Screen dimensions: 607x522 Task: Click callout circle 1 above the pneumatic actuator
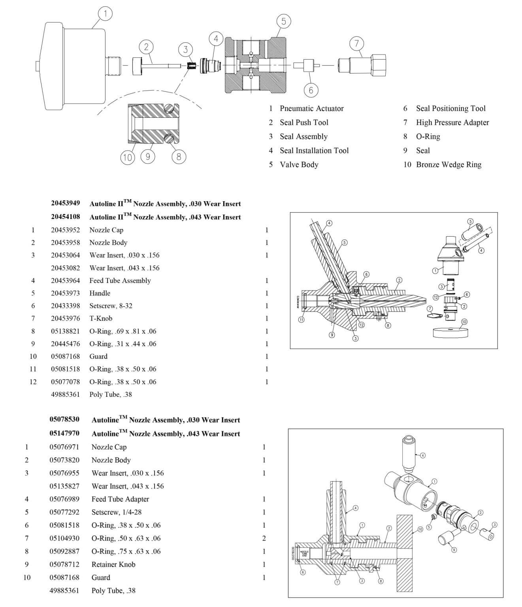click(x=105, y=14)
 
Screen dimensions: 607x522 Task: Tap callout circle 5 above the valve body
click(x=283, y=21)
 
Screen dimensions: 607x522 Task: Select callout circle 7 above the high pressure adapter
click(x=356, y=43)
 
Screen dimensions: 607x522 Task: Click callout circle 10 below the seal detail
click(x=127, y=158)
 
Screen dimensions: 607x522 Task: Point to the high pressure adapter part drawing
click(x=362, y=64)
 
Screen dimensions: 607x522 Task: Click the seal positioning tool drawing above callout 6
click(x=308, y=65)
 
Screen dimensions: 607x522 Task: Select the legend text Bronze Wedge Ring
click(x=449, y=164)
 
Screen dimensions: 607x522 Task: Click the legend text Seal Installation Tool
click(x=314, y=151)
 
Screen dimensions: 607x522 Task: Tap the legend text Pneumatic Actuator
click(x=312, y=108)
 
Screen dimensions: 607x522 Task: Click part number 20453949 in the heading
click(x=65, y=203)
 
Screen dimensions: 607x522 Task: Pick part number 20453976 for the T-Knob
click(x=65, y=319)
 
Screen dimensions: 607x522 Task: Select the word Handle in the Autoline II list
click(x=100, y=293)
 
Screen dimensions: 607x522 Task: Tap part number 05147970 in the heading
click(x=64, y=433)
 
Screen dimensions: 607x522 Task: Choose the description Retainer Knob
click(x=113, y=564)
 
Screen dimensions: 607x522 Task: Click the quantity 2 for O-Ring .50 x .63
click(x=264, y=538)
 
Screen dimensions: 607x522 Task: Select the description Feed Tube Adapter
click(x=120, y=499)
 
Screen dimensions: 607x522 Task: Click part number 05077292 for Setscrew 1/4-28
click(x=64, y=512)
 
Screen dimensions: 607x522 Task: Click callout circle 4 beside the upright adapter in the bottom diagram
click(x=423, y=455)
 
